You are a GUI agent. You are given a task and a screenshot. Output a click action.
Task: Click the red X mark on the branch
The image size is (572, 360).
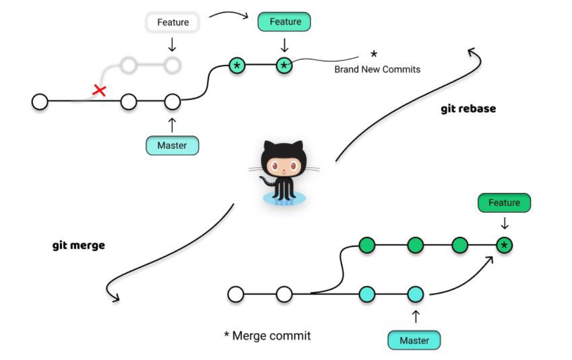point(100,90)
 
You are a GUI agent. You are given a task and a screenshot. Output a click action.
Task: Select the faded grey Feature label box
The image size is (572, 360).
point(173,23)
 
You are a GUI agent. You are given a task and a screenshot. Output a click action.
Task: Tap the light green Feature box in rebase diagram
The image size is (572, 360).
point(285,22)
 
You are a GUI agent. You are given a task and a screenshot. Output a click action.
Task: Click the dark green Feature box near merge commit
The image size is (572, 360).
point(504,203)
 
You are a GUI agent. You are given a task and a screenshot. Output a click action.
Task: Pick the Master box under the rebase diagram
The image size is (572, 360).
point(172,146)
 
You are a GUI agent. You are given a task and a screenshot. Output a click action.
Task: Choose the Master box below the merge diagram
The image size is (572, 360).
point(414,340)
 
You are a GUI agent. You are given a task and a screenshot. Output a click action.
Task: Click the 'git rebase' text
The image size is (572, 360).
point(468,109)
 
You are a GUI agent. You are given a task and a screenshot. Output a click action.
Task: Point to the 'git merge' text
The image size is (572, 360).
point(78,245)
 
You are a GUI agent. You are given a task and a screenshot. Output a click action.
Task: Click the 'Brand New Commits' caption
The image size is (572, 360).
point(377,70)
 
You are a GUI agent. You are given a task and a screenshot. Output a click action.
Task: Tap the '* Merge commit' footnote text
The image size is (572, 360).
point(267,336)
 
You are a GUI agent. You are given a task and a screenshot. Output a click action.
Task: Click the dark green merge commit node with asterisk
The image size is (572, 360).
point(504,245)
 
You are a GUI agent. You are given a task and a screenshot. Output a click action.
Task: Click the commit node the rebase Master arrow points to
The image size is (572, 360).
point(172,103)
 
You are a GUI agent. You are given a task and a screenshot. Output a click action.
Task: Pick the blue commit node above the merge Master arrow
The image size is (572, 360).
point(415,294)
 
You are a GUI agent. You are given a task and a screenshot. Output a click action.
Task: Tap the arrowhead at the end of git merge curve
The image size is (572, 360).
point(115,298)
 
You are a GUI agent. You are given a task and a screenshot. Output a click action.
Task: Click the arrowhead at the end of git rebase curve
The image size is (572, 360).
point(471,51)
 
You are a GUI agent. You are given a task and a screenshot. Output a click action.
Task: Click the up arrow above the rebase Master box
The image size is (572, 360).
point(172,125)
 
